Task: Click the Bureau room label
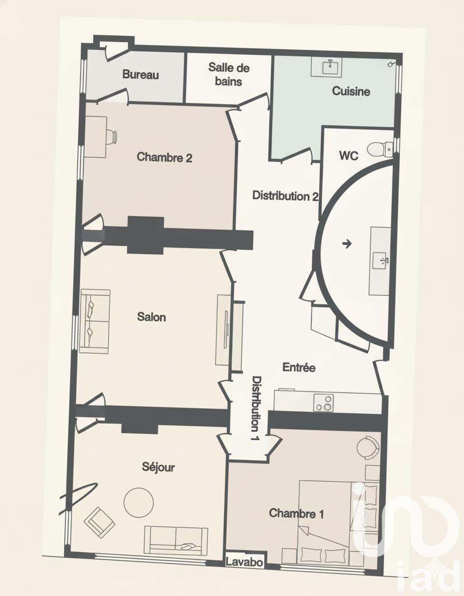point(140,74)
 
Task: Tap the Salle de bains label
point(228,74)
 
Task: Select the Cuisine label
point(351,91)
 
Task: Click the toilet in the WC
point(379,148)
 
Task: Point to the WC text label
point(349,155)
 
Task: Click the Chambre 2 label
point(164,157)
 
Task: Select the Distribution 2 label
point(286,196)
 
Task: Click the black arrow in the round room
point(347,244)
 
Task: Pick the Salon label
point(151,317)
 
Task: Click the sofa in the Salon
point(95,322)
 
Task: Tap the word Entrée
point(299,367)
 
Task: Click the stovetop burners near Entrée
point(324,403)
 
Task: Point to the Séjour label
point(158,467)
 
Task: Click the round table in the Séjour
point(139,502)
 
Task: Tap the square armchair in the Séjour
point(99,522)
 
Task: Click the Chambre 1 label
point(296,514)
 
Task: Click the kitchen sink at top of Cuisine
point(330,67)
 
